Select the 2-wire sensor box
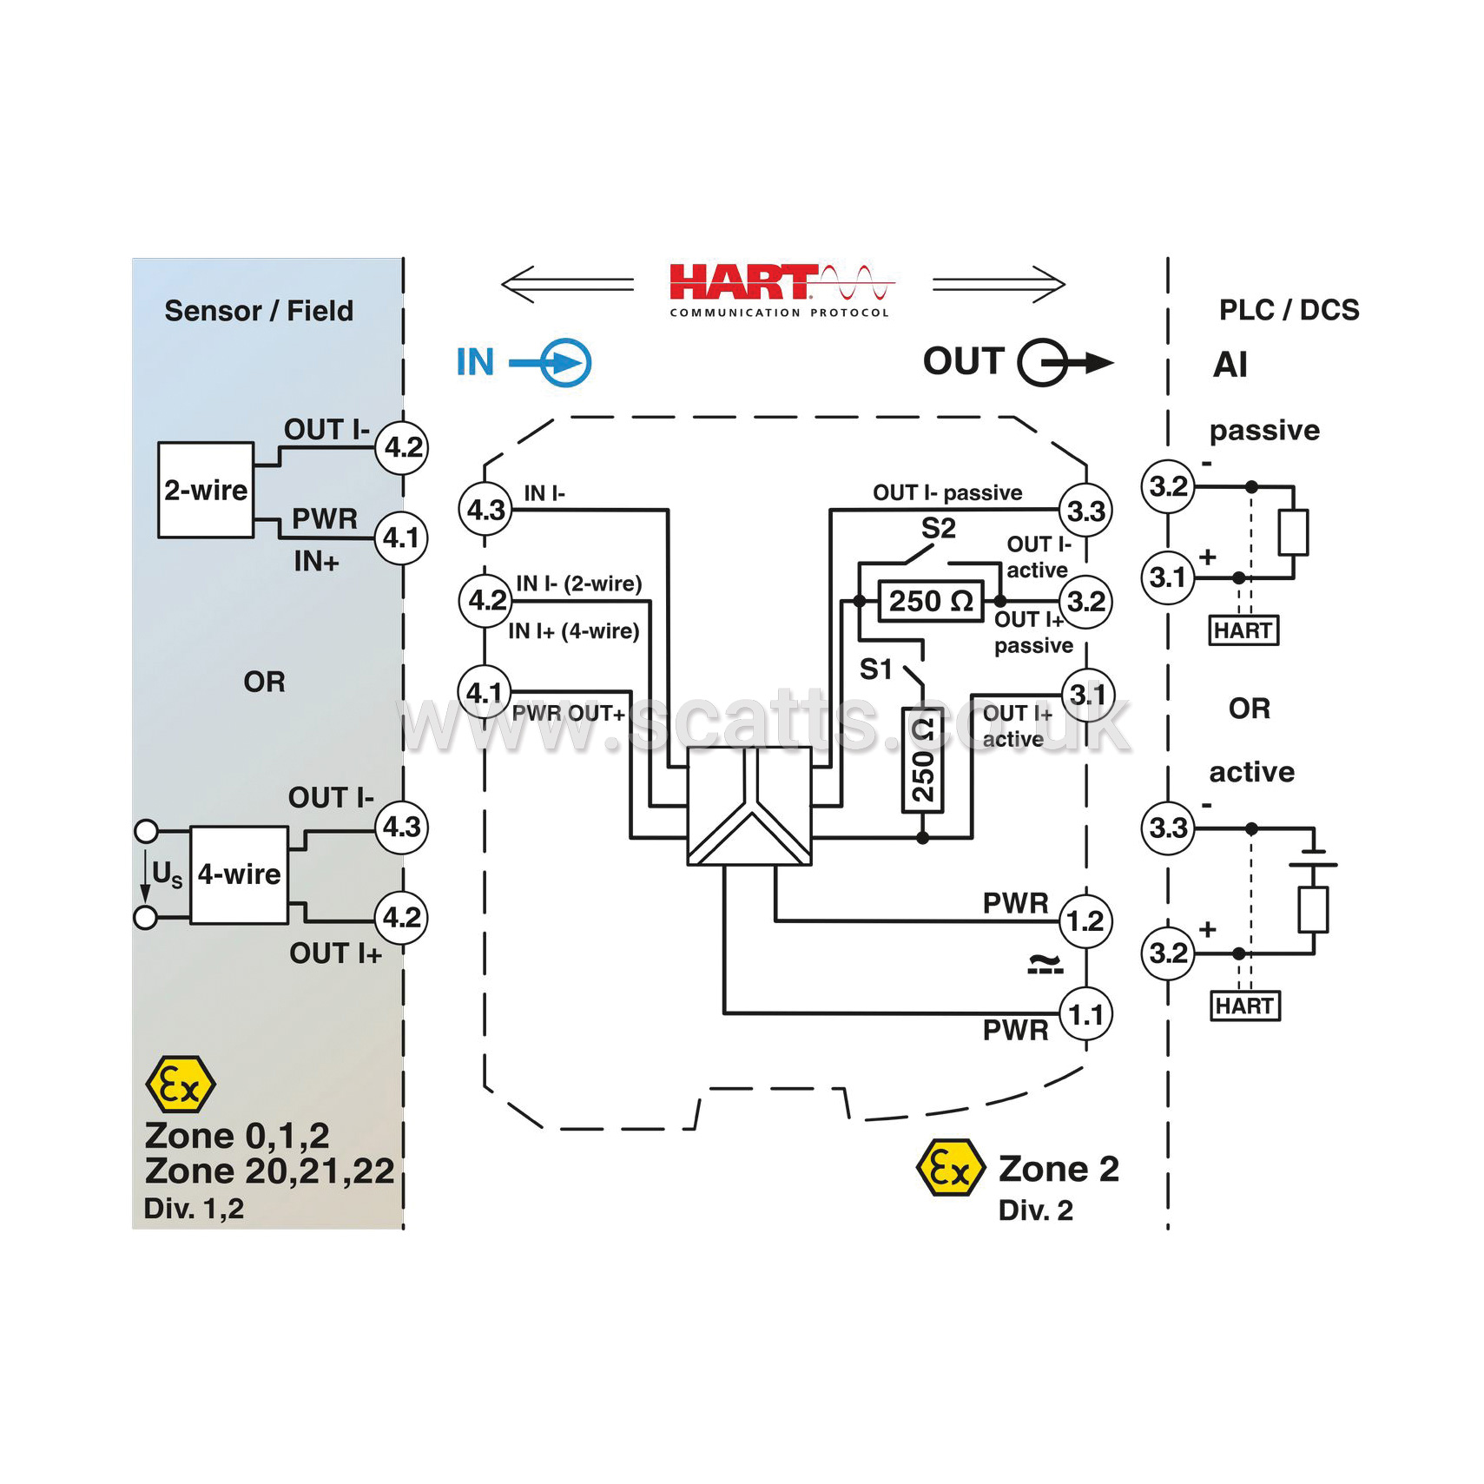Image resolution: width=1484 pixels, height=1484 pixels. [206, 490]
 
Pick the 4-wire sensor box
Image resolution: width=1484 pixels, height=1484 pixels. [239, 874]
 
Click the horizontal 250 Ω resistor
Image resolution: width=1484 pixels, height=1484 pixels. [930, 600]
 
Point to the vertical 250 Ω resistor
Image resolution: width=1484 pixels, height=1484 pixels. [922, 759]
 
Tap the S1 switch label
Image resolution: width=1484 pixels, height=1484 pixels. [875, 669]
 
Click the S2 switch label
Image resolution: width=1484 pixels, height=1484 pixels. [938, 527]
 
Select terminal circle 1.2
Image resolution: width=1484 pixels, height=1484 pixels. [1085, 920]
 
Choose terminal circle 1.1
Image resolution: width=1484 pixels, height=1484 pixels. [1085, 1013]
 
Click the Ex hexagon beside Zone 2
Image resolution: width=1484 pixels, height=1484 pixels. [951, 1168]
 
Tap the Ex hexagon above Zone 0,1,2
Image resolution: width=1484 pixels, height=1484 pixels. [181, 1085]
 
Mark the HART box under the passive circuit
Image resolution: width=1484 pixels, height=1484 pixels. [1243, 630]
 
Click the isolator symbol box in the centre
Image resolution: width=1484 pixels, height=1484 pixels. [749, 805]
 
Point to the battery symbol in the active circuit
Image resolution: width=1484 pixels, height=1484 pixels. [1313, 854]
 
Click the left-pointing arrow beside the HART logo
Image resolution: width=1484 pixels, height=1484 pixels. [568, 284]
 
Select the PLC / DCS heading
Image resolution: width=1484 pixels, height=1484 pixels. [1289, 310]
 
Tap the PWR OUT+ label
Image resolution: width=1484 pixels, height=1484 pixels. [568, 713]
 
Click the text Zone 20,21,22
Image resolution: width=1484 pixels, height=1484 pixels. [269, 1171]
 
